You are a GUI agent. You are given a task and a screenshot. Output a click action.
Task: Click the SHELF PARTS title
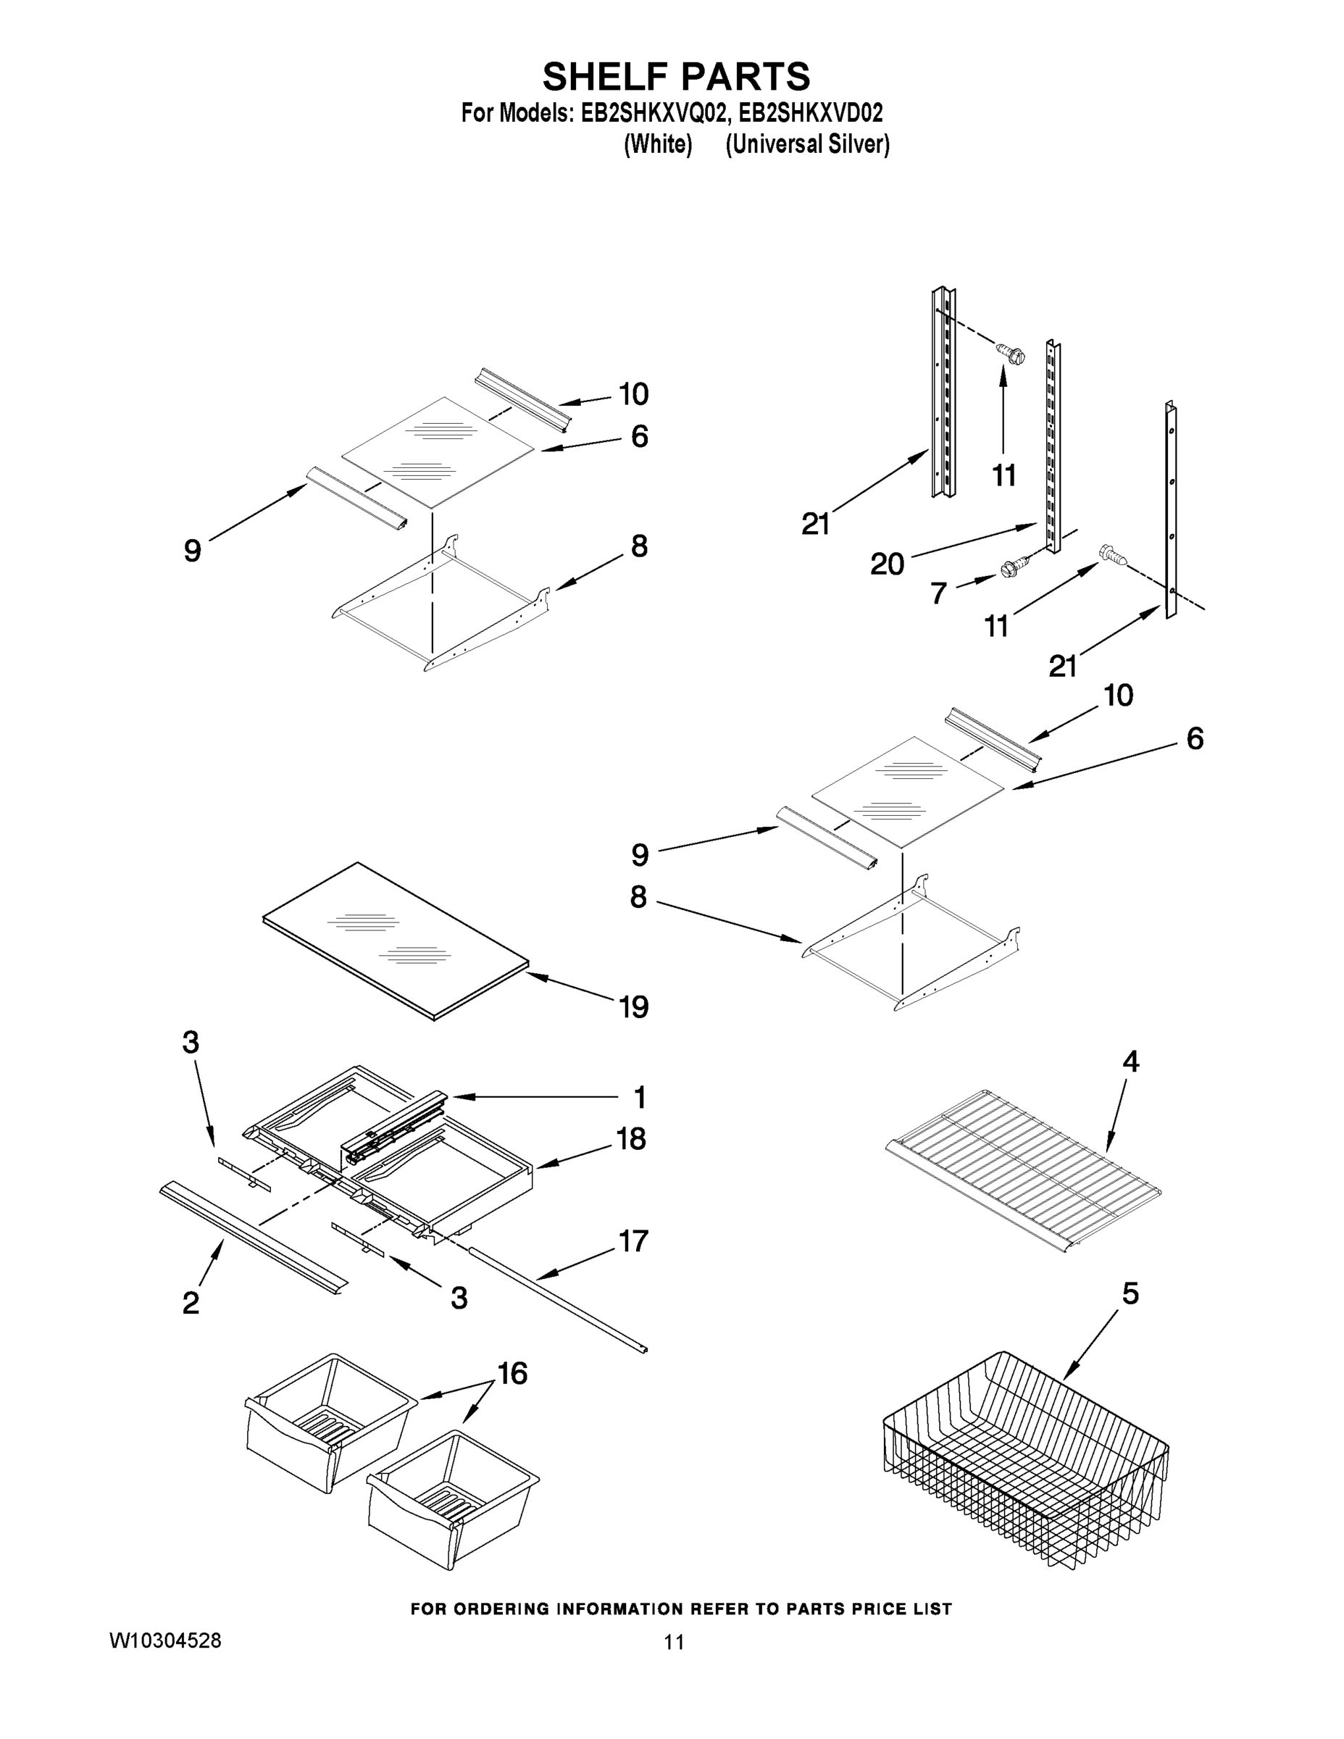(676, 78)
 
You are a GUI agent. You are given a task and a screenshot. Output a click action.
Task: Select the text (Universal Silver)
(806, 145)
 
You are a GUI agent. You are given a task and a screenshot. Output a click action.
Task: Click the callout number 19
(634, 1007)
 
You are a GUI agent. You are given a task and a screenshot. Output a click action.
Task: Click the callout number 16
(512, 1373)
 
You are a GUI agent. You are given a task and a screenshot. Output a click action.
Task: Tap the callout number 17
(633, 1241)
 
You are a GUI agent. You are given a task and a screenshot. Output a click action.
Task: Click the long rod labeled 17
(557, 1298)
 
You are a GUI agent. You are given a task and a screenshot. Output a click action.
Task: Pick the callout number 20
(887, 564)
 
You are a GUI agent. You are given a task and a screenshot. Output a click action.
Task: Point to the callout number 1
(639, 1098)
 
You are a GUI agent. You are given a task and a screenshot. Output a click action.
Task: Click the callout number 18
(630, 1140)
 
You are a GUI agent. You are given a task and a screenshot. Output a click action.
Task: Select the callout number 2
(191, 1304)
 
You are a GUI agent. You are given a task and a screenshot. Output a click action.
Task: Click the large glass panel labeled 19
(396, 941)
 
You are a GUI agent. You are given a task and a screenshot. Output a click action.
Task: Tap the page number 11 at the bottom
(674, 1642)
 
